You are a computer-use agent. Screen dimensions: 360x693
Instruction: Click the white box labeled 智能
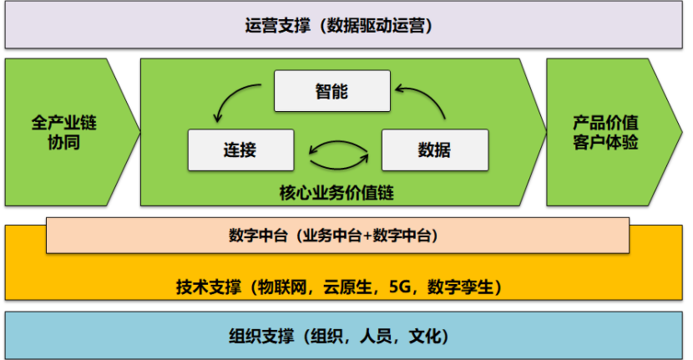(x=332, y=91)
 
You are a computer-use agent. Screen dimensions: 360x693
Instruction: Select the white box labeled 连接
(x=240, y=150)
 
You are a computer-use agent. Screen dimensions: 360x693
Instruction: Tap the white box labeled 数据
(x=433, y=150)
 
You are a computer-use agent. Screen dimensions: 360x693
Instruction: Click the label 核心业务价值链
(x=336, y=193)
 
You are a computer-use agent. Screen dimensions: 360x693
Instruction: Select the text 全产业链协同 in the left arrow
(x=64, y=133)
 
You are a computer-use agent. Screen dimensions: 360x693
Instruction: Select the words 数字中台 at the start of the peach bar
(x=255, y=236)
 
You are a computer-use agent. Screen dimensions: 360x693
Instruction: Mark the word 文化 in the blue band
(x=425, y=337)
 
